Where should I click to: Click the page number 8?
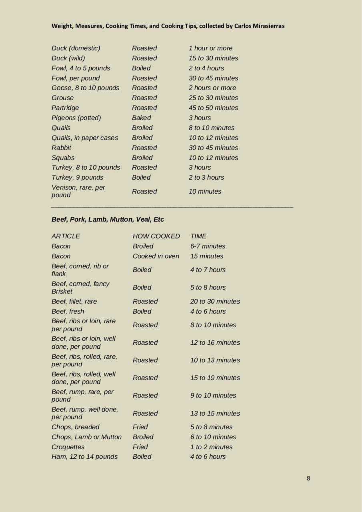pyautogui.click(x=308, y=478)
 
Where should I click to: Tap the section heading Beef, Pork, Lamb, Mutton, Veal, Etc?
pyautogui.click(x=108, y=220)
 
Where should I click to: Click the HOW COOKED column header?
pyautogui.click(x=156, y=236)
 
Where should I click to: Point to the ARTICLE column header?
pyautogui.click(x=66, y=236)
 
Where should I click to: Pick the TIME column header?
pyautogui.click(x=198, y=236)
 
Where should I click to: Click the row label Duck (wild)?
pyautogui.click(x=68, y=58)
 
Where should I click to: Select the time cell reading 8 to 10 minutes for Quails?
pyautogui.click(x=212, y=128)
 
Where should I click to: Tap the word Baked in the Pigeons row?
pyautogui.click(x=142, y=118)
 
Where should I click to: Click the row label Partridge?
pyautogui.click(x=65, y=108)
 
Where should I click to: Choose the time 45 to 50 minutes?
pyautogui.click(x=213, y=108)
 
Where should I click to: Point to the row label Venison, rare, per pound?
pyautogui.click(x=78, y=191)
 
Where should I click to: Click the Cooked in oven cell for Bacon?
pyautogui.click(x=156, y=256)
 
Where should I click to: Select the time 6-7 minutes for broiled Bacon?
pyautogui.click(x=208, y=246)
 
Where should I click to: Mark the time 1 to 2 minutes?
pyautogui.click(x=211, y=447)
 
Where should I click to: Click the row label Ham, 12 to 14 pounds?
pyautogui.click(x=84, y=457)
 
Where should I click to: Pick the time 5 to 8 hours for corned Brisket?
pyautogui.click(x=208, y=288)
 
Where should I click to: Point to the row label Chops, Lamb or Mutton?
pyautogui.click(x=86, y=437)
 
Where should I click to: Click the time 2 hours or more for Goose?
pyautogui.click(x=212, y=88)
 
